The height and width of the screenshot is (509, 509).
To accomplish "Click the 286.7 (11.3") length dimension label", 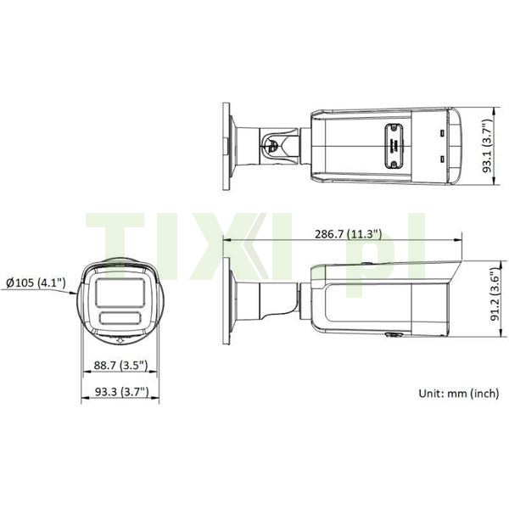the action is tap(348, 234).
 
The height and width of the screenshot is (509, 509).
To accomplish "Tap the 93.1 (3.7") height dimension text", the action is tap(488, 146).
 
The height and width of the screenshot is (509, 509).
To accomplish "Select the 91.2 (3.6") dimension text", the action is tap(495, 294).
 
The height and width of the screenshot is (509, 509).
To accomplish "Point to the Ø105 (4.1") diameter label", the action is tap(36, 282).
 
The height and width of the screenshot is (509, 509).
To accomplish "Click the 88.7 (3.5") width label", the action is tap(120, 366).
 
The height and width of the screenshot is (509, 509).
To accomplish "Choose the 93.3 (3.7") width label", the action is tap(121, 392).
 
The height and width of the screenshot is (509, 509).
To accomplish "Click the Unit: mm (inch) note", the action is tap(458, 393).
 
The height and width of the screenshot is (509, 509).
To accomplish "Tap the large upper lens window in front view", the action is tap(120, 293).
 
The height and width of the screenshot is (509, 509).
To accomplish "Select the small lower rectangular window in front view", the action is tap(120, 318).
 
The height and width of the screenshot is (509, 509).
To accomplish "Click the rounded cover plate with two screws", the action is tap(394, 147).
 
